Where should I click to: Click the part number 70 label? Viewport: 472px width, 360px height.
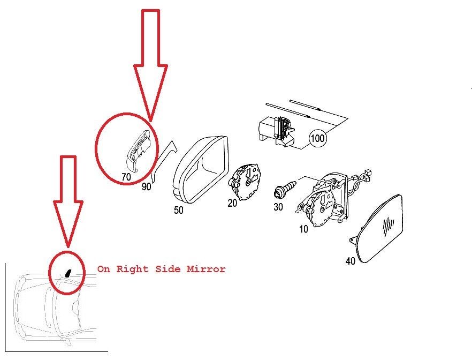point(126,177)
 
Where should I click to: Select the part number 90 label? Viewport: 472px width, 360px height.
point(146,187)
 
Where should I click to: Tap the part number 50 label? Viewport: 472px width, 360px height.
point(179,210)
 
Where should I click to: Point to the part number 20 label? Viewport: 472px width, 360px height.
point(232,204)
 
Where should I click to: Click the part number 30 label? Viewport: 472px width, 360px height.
point(278,207)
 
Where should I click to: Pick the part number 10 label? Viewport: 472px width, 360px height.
point(303,229)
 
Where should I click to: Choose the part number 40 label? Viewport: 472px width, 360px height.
point(351,261)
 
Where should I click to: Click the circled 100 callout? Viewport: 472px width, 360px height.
point(317,139)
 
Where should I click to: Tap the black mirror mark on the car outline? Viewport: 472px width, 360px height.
point(68,273)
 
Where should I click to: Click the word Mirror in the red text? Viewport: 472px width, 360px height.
point(206,269)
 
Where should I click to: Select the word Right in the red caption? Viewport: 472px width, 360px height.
point(133,269)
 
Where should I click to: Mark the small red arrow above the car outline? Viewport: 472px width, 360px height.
point(68,201)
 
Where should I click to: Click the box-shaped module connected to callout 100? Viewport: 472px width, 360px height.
point(277,132)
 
